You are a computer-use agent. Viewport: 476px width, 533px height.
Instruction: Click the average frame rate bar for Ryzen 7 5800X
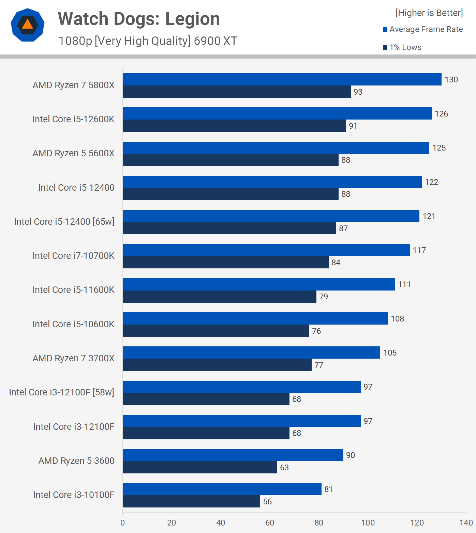point(282,79)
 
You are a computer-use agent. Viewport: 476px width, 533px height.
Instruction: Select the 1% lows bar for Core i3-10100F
point(191,501)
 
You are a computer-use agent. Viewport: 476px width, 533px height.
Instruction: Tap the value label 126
point(441,114)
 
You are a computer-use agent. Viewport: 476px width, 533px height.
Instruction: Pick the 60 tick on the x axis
point(270,523)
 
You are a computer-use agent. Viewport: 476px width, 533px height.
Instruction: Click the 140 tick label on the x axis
point(466,523)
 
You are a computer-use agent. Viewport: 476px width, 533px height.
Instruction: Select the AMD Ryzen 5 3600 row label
point(76,461)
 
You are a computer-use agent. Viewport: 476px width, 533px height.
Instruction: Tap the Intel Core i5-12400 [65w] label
point(64,222)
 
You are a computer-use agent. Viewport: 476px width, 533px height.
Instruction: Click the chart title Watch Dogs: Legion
point(139,19)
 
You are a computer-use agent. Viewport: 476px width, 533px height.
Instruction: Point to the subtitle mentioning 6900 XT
point(148,41)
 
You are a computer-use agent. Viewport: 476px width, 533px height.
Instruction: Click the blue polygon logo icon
point(28,25)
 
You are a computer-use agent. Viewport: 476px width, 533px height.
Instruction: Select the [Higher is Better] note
point(429,13)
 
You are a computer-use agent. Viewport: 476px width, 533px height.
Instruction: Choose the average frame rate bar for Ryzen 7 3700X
point(251,352)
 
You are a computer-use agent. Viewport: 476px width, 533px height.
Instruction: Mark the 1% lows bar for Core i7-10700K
point(225,262)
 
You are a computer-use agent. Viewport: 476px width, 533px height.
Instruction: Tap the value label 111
point(404,284)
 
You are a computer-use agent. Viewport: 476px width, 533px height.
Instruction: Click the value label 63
point(284,468)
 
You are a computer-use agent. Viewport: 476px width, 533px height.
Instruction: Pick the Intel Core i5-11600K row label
point(73,290)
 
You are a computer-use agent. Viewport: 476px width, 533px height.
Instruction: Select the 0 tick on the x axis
point(123,523)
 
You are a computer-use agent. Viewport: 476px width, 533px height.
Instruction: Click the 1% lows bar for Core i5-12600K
point(234,126)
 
